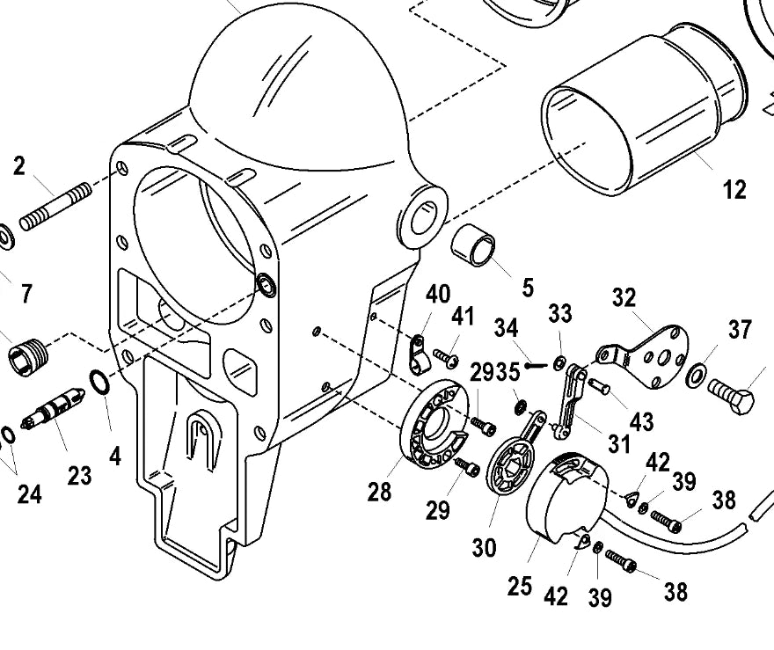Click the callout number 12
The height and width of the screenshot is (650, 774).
734,189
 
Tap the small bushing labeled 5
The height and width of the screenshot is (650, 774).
473,245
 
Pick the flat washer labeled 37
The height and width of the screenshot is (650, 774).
696,375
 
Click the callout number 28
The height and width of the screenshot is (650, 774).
379,492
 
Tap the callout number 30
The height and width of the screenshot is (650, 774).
484,547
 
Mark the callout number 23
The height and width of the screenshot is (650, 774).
79,475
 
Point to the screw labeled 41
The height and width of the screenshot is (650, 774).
446,358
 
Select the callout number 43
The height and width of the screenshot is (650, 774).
642,422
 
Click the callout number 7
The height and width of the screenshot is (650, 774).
26,294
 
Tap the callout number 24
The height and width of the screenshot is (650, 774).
29,494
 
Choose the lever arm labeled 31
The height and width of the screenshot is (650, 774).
570,400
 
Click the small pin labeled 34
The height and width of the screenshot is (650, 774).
535,366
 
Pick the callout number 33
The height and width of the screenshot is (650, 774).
559,313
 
